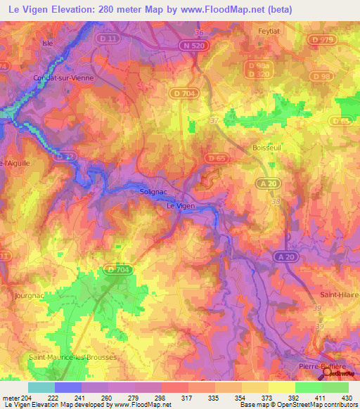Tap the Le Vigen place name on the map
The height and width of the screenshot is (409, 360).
180,206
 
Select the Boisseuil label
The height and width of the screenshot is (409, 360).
266,148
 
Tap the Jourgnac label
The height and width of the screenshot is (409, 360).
28,296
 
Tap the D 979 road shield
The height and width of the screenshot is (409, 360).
323,40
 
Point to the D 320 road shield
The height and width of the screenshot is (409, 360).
259,74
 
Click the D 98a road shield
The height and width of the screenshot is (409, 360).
258,65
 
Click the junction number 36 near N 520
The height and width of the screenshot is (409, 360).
198,32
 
